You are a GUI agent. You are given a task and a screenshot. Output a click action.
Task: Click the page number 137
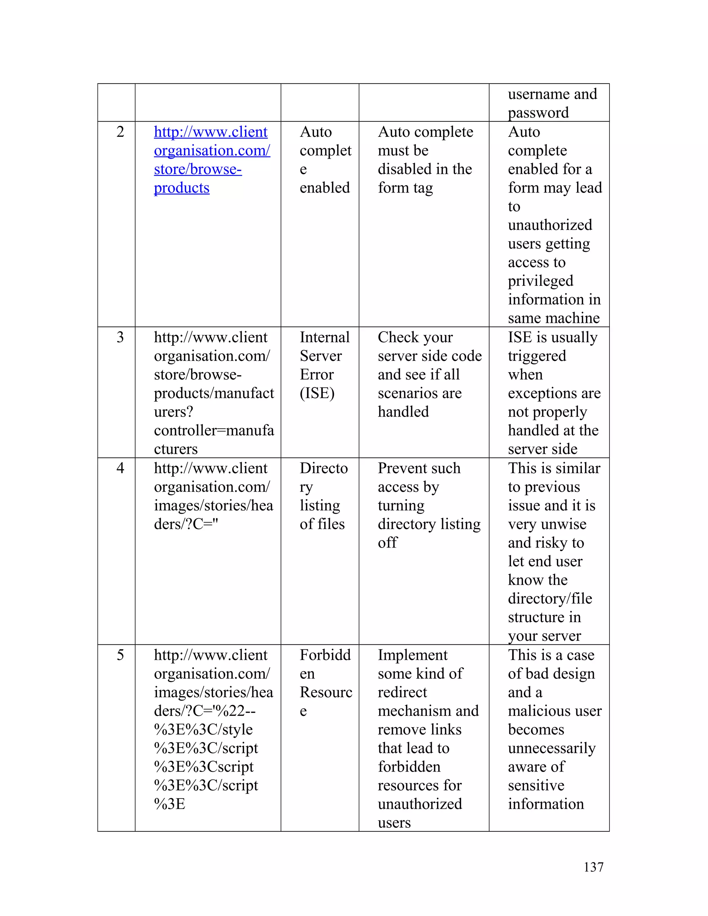(x=593, y=867)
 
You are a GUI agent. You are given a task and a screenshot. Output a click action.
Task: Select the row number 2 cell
(x=120, y=132)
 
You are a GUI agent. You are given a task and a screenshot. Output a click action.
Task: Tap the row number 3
(x=120, y=338)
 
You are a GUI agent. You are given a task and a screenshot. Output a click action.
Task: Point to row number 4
(x=120, y=468)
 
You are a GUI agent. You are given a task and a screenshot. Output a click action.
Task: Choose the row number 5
(x=120, y=655)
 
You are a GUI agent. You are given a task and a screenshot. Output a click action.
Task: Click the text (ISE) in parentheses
(x=317, y=393)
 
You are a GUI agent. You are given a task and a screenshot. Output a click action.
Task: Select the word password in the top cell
(x=538, y=113)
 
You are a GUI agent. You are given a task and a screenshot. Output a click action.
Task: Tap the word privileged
(x=540, y=281)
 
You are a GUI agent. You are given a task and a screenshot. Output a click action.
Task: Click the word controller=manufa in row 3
(x=214, y=431)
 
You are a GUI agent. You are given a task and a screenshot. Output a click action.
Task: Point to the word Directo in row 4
(x=323, y=468)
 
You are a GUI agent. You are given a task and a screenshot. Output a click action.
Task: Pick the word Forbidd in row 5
(x=325, y=655)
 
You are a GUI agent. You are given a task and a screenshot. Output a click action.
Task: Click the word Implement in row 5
(x=413, y=655)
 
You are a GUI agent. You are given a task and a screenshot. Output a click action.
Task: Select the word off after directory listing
(x=387, y=543)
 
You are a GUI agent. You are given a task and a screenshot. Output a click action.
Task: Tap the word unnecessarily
(x=551, y=748)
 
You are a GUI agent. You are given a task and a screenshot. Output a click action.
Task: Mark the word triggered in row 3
(x=537, y=356)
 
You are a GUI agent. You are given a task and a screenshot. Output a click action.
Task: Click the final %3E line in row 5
(x=169, y=804)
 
